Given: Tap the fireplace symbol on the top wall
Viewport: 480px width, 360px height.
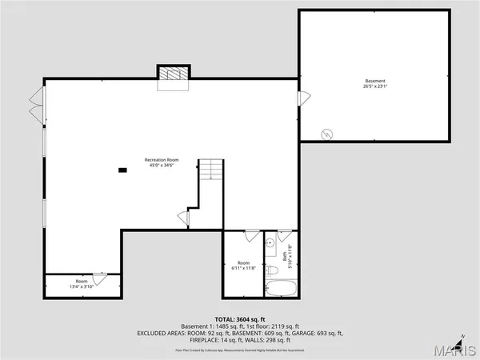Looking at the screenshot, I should (172, 73).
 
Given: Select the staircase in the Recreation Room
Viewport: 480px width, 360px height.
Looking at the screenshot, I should (210, 170).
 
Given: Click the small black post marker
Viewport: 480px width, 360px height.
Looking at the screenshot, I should (122, 170).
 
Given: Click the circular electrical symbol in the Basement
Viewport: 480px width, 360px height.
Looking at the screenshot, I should (326, 134).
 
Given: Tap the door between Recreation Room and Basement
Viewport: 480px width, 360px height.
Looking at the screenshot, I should (302, 98).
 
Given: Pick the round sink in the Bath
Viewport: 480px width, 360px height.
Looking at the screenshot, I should (270, 241).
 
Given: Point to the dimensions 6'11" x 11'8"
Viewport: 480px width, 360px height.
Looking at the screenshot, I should (243, 269).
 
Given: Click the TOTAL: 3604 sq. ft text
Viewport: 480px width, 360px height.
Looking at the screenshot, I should (239, 319).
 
